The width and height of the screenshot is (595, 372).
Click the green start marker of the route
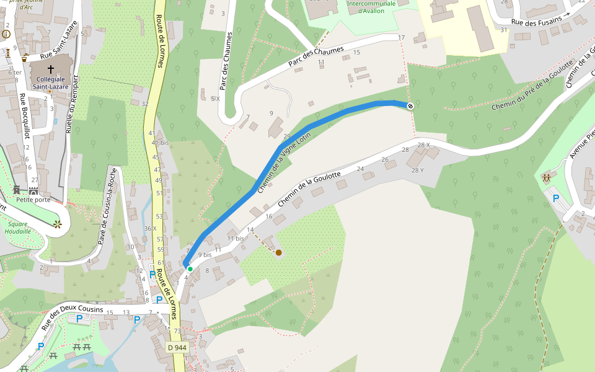tap(190, 268)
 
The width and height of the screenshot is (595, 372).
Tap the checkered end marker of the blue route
tap(410, 106)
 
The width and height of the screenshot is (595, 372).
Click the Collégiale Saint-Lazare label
tap(51, 83)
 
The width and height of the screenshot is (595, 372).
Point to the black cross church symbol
tap(51, 69)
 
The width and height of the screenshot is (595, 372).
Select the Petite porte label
tap(33, 200)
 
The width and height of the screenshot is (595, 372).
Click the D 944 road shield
tap(177, 348)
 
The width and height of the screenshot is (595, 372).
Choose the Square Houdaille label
tap(17, 228)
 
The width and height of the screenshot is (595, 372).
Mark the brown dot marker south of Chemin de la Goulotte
tap(279, 252)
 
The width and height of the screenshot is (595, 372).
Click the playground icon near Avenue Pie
tap(547, 177)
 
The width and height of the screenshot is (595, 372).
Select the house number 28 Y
tap(417, 170)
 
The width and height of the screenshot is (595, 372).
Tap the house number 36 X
tap(149, 228)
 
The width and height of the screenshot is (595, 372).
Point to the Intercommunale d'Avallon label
tap(371, 7)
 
